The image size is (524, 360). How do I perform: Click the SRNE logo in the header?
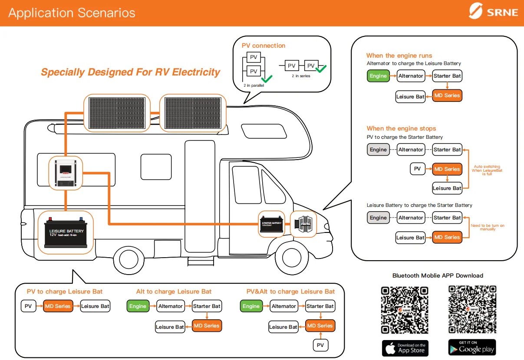pos(494,12)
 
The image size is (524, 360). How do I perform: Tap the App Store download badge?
pos(405,348)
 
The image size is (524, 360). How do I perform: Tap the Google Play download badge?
pos(472,347)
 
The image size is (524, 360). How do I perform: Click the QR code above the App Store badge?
pos(405,310)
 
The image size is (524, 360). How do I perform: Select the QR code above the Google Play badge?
pos(472,309)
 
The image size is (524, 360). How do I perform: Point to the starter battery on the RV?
pos(271,223)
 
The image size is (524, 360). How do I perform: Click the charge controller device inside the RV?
pos(66,173)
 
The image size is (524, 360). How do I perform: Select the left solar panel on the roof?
pos(117,113)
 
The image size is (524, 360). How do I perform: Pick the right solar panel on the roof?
pos(193,113)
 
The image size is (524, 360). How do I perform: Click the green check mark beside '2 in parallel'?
pos(266,79)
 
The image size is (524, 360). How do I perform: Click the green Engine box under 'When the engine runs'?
pos(378,76)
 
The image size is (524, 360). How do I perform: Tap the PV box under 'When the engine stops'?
pos(417,169)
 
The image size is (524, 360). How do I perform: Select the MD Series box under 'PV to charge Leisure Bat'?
pos(57,306)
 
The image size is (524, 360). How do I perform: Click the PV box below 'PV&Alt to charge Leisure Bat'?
pos(320,345)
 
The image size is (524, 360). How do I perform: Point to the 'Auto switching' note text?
pos(487,170)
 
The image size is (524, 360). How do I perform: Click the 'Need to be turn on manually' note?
pos(488,227)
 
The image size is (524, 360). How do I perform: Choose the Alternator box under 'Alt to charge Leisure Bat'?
pos(171,306)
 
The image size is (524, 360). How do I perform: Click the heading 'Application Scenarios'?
pos(72,13)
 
